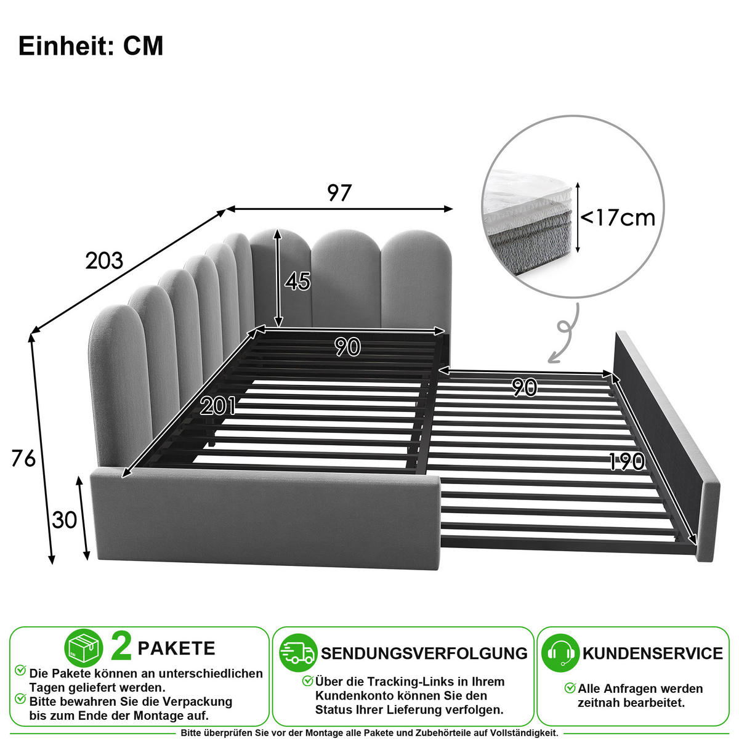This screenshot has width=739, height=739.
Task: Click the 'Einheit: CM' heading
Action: tap(91, 46)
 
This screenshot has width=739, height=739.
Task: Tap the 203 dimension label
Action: tap(104, 260)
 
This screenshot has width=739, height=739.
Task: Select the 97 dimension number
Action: tap(339, 193)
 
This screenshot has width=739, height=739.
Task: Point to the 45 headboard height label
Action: tap(297, 281)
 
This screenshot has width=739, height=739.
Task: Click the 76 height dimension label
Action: tap(23, 458)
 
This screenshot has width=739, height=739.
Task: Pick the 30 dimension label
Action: tap(65, 520)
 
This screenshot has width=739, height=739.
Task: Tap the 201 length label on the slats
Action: tap(218, 406)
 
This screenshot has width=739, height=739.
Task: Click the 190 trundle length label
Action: tap(627, 461)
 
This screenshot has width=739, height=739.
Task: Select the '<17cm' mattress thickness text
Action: tap(618, 218)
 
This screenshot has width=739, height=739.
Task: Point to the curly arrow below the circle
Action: tap(563, 333)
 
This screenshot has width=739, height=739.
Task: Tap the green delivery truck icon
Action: tap(298, 653)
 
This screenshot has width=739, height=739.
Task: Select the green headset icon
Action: tap(560, 653)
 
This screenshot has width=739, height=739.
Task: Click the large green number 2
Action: tap(121, 648)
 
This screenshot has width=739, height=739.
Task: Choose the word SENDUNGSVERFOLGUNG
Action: tap(424, 653)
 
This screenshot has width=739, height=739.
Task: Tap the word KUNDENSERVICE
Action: tap(653, 653)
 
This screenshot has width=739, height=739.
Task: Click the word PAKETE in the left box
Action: tap(176, 648)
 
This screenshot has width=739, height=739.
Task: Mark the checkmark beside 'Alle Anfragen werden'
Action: tap(570, 687)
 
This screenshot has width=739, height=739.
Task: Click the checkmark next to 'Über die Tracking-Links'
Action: tap(307, 680)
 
